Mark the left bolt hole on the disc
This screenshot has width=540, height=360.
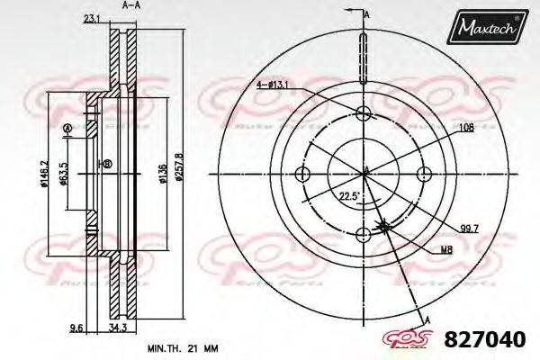click(x=303, y=174)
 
